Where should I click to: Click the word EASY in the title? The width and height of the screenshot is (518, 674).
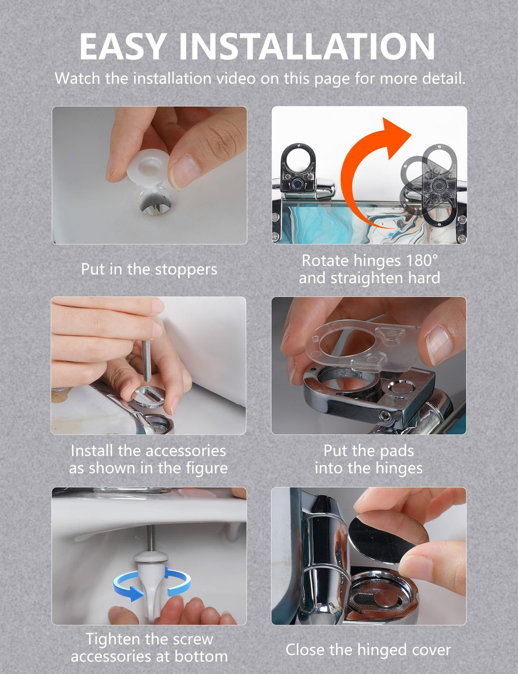tap(121, 46)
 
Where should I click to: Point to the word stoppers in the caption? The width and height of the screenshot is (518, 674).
tap(186, 270)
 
